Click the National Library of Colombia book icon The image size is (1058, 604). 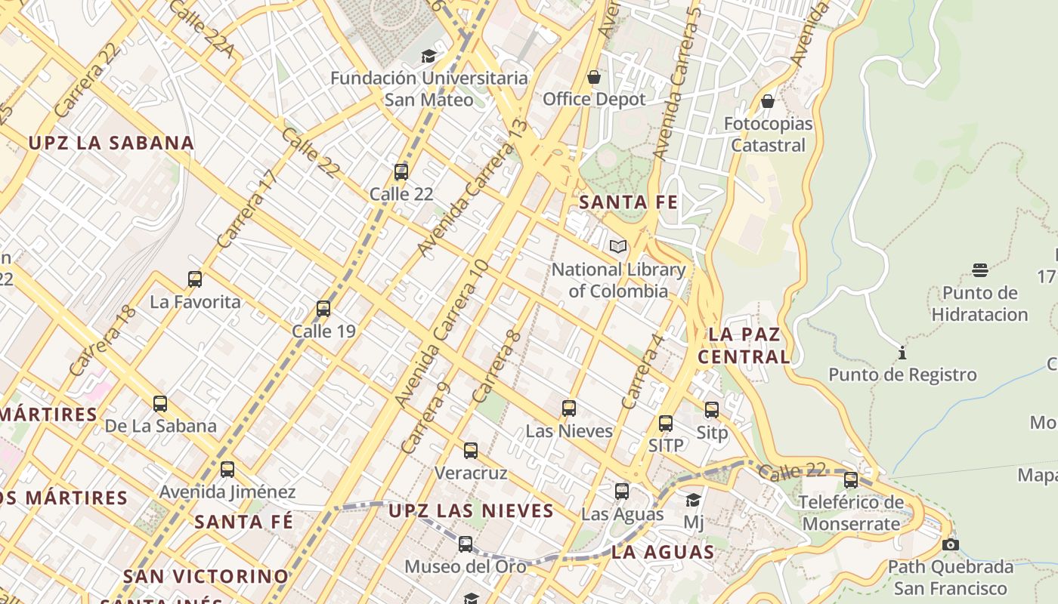[x=618, y=246]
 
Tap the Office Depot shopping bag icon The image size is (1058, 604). [x=594, y=77]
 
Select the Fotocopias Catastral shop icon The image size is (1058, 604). [x=768, y=101]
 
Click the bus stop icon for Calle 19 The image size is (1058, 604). [x=323, y=309]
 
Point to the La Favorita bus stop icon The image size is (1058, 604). [x=195, y=279]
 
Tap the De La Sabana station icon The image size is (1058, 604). [x=160, y=404]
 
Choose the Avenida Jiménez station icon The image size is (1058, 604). [x=227, y=470]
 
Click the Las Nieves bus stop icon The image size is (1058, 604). [x=569, y=408]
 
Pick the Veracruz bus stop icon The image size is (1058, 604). [x=471, y=451]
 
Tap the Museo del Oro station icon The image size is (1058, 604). [x=466, y=544]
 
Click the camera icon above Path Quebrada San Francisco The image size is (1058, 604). [x=951, y=544]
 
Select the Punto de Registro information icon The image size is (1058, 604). [x=902, y=353]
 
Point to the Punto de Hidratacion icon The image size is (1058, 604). [x=980, y=270]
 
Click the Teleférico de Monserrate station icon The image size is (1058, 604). [x=851, y=479]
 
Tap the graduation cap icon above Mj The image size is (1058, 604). [x=693, y=500]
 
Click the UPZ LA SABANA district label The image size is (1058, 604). [x=111, y=143]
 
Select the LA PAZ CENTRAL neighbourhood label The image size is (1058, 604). [x=744, y=345]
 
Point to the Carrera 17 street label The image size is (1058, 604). [x=246, y=209]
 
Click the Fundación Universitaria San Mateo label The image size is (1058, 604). [x=429, y=88]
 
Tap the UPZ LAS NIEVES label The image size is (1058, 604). [x=472, y=511]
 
